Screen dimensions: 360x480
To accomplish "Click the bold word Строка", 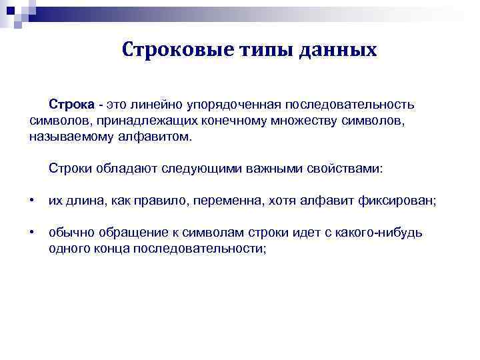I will pyautogui.click(x=71, y=105).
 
